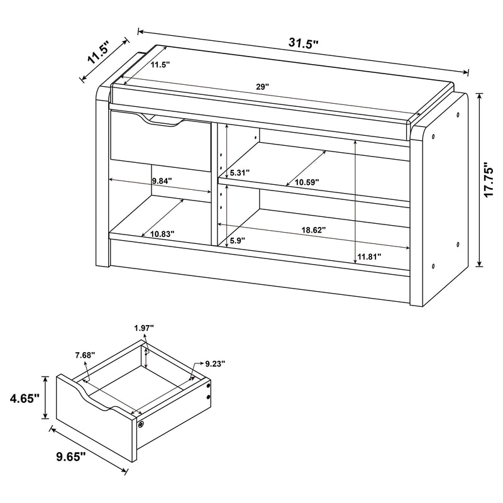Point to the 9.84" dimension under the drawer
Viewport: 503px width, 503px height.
click(162, 181)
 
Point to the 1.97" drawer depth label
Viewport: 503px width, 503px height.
click(145, 327)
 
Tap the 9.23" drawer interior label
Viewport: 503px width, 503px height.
click(214, 363)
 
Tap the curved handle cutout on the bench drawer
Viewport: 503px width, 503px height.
click(163, 122)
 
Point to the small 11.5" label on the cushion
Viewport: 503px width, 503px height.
click(160, 65)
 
